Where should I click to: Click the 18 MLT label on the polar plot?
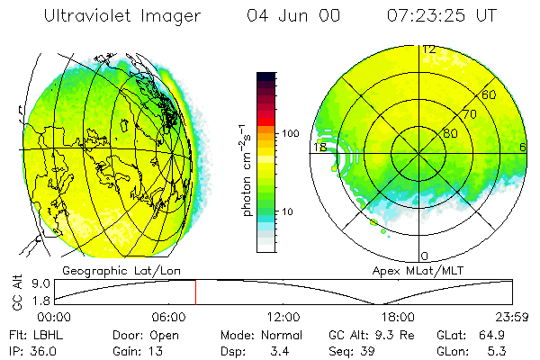coord(319,146)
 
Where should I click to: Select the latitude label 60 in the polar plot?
coord(489,94)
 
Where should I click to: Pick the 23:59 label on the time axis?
coord(511,317)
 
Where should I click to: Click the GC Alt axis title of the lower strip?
coord(16,292)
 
